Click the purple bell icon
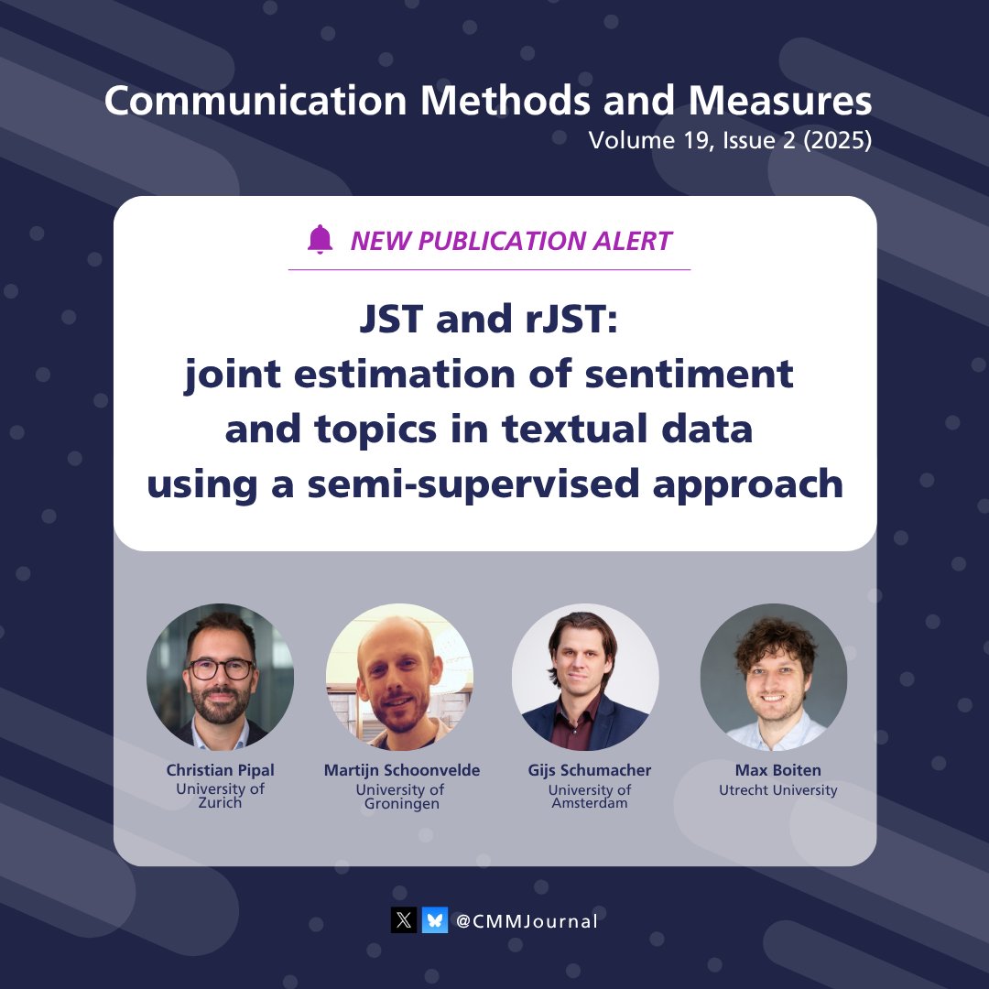pyautogui.click(x=320, y=240)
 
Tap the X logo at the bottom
pyautogui.click(x=404, y=920)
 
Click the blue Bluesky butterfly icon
pyautogui.click(x=435, y=920)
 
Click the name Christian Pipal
pyautogui.click(x=220, y=770)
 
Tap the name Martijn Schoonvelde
pyautogui.click(x=401, y=770)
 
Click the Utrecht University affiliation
pyautogui.click(x=777, y=789)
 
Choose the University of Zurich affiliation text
pyautogui.click(x=220, y=796)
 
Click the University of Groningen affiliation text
pyautogui.click(x=400, y=797)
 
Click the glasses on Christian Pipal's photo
pyautogui.click(x=221, y=669)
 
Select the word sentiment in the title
pyautogui.click(x=705, y=375)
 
